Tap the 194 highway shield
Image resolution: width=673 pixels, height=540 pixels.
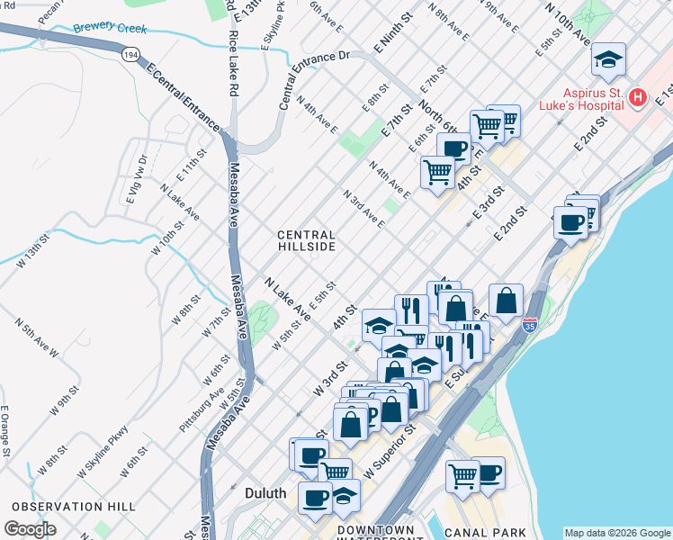(x=130, y=54)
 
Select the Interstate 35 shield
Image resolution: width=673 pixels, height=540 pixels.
(x=531, y=321)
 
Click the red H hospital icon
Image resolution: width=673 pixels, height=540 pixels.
(x=637, y=96)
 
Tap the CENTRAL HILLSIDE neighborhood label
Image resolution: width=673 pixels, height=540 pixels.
(x=306, y=240)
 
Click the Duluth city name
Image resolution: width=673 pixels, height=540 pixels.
(x=265, y=493)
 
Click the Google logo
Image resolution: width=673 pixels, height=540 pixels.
(x=30, y=528)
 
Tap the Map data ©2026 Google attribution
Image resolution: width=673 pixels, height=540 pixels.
(x=616, y=533)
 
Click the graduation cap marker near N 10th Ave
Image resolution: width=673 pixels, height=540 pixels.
(x=608, y=60)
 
